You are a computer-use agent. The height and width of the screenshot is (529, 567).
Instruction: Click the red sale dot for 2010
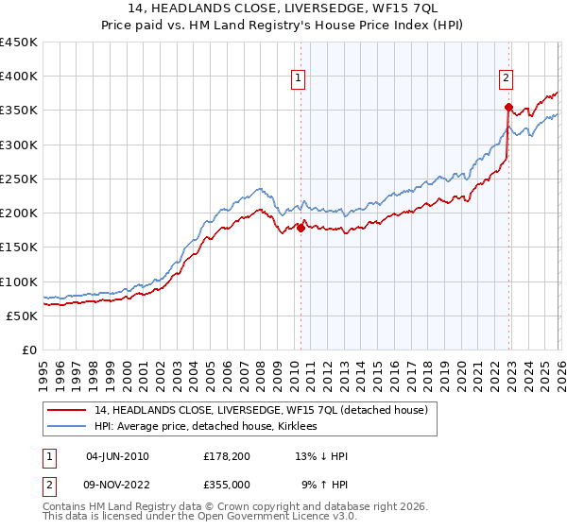point(301,228)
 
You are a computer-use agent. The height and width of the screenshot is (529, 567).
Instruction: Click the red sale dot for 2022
point(508,107)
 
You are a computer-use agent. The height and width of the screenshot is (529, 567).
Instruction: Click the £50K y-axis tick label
point(23,316)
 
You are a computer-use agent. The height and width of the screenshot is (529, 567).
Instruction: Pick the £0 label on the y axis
point(30,350)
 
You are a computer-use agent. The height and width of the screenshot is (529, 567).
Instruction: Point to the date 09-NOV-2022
point(117,485)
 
